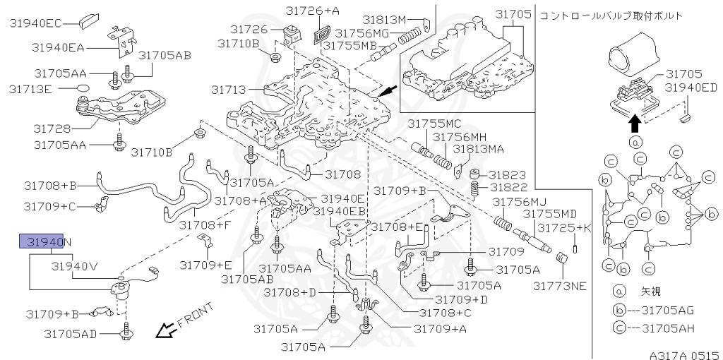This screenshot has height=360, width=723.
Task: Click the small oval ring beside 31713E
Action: [x=82, y=89]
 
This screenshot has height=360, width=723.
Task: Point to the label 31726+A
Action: [x=312, y=11]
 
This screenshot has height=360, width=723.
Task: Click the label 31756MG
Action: [x=361, y=32]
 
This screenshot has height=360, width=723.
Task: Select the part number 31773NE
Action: [x=560, y=286]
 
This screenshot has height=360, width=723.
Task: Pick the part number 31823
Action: [x=509, y=174]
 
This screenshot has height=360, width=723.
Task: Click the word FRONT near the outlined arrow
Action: [x=194, y=317]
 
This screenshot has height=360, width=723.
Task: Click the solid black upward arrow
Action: [x=635, y=123]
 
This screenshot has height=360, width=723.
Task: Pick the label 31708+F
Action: [x=205, y=225]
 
